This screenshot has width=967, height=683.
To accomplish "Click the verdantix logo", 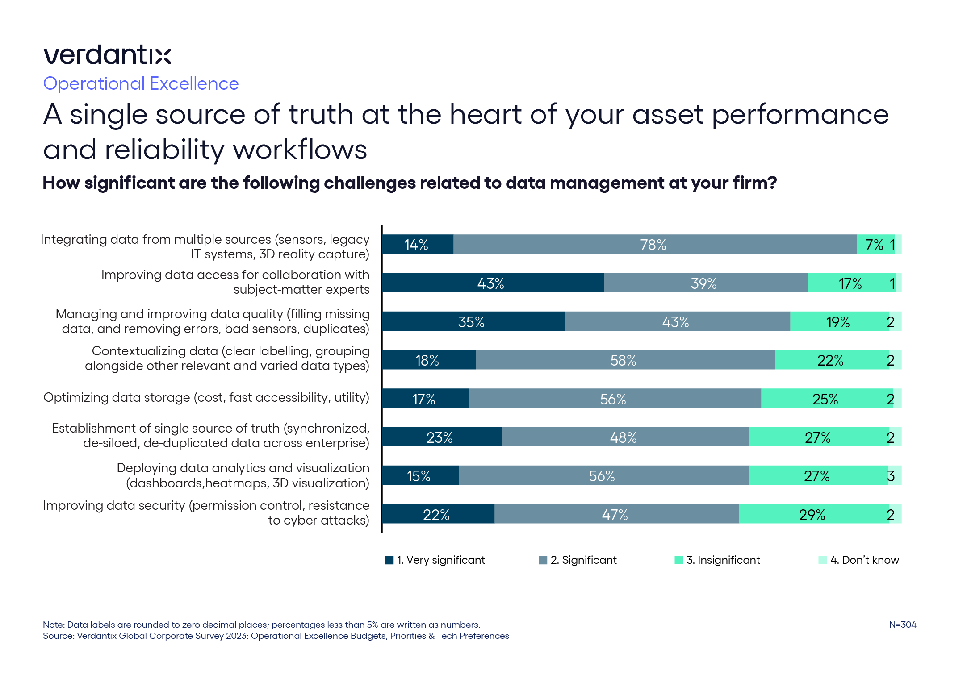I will pos(107,55).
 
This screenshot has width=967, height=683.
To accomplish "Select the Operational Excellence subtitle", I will pos(141,84).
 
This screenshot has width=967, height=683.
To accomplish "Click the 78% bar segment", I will pos(654,245).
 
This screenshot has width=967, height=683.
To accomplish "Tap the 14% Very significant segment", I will pos(417,245).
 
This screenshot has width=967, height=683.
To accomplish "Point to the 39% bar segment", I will pos(705,283).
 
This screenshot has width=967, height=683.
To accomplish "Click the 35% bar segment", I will pos(473,321).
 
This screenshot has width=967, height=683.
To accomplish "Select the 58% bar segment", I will pos(624,360).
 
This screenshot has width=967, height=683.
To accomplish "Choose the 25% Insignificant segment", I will pos(826,399).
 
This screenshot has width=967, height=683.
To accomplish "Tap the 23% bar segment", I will pos(441,437).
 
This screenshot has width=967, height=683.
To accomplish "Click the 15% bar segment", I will pos(420,475).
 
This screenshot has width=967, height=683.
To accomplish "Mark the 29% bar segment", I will pos(813,514).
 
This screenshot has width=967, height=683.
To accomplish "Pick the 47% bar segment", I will pos(616,514).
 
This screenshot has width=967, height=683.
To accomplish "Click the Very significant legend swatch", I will pos(389,560).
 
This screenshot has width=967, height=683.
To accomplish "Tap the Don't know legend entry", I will pos(864,560).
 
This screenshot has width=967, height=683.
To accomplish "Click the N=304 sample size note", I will pos(902,625).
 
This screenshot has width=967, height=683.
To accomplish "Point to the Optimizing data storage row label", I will pos(206,397).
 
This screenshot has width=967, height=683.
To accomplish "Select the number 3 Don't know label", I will pos(891,476).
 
